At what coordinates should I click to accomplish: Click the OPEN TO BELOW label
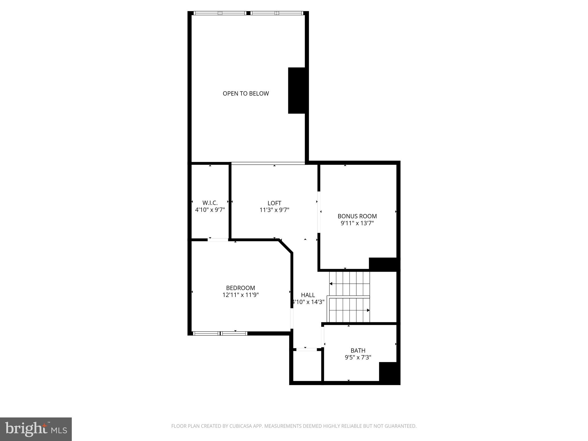246,93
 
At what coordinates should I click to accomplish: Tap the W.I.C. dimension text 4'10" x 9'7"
210,210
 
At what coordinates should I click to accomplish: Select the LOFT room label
274,203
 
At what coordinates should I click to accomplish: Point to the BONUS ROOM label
357,216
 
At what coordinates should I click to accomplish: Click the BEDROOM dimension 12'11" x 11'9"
241,295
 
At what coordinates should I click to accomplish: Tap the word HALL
308,295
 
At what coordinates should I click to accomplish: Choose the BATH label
358,350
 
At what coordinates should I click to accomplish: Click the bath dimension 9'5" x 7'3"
358,357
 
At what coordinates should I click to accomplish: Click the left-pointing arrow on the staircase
331,284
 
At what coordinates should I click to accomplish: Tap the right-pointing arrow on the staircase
368,310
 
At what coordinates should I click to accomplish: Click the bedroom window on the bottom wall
220,333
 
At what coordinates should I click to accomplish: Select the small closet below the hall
307,366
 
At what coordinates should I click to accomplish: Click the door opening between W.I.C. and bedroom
218,239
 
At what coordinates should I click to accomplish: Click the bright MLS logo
36,429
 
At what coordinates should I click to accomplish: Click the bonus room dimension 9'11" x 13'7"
357,223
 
